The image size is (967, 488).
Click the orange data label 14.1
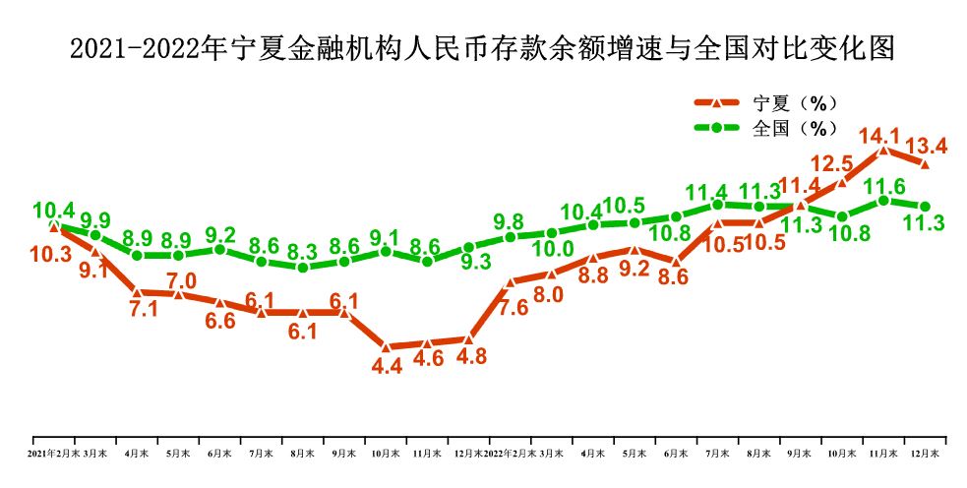click(878, 136)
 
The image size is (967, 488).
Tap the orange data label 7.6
click(514, 306)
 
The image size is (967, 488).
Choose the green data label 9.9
click(95, 219)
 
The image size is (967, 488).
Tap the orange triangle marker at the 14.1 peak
click(883, 151)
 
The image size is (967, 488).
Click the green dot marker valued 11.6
click(883, 200)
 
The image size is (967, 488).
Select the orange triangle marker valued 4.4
click(386, 347)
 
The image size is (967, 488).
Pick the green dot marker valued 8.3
click(303, 268)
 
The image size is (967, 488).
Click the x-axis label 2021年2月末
click(51, 454)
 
